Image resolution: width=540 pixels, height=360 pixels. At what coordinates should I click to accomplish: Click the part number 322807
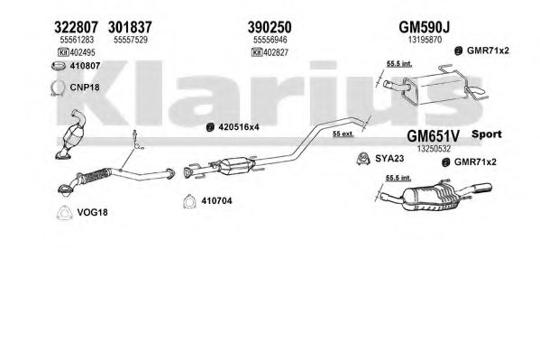(76, 27)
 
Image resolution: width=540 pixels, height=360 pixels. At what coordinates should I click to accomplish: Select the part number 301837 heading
(130, 27)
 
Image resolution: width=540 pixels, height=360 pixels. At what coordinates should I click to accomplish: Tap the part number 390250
(270, 27)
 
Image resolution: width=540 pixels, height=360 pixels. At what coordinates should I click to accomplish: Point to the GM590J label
(425, 27)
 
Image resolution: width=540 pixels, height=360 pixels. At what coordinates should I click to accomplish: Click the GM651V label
(433, 136)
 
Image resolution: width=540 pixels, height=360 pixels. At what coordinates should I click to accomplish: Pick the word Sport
(486, 134)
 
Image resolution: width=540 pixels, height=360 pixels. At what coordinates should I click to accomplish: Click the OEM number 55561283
(77, 40)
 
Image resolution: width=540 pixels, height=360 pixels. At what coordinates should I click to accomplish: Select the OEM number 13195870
(425, 40)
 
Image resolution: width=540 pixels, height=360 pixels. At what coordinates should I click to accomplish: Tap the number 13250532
(434, 149)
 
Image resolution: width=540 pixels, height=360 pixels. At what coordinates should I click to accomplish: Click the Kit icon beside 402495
(63, 52)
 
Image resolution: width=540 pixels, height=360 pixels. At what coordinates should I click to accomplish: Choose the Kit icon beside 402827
(257, 52)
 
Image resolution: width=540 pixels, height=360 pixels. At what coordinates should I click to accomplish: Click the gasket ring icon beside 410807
(59, 66)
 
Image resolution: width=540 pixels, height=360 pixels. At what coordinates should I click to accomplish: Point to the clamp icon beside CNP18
(58, 88)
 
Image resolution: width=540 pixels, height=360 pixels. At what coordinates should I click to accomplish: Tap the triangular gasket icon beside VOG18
(64, 212)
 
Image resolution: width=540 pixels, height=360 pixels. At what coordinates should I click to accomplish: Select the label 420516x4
(239, 127)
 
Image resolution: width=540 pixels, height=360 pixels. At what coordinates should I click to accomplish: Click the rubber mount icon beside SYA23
(363, 159)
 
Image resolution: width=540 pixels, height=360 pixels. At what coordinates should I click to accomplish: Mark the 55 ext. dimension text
(343, 134)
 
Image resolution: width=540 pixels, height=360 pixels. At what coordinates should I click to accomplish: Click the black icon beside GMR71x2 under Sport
(446, 162)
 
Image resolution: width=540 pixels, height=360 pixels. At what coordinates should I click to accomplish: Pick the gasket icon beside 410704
(189, 201)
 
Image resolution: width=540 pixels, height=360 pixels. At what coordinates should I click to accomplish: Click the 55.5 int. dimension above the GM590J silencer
(399, 64)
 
